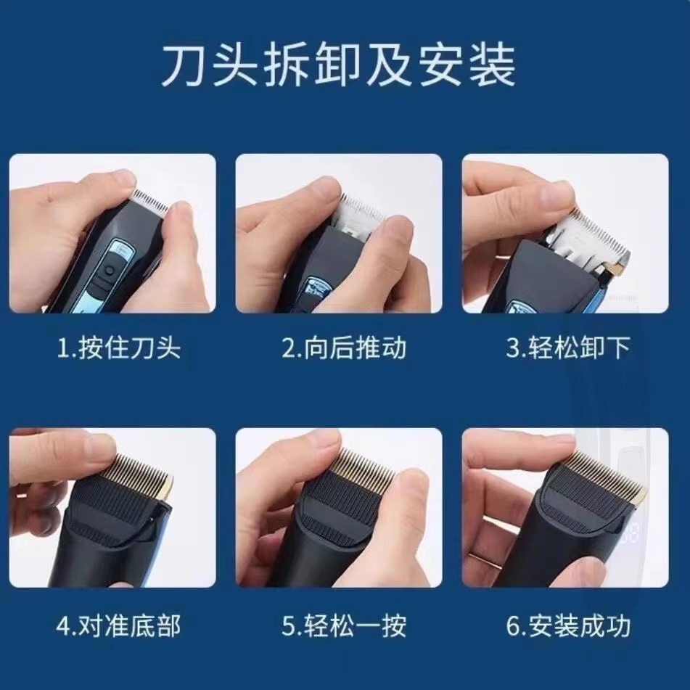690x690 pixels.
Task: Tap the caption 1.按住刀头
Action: point(118,348)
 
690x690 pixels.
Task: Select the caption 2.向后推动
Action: point(344,348)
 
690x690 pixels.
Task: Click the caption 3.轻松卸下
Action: point(567,348)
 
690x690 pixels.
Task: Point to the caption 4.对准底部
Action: point(118,625)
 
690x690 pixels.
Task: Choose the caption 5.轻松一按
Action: point(344,625)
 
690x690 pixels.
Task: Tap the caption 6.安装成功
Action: point(567,625)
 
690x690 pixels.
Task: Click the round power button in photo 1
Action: point(108,271)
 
